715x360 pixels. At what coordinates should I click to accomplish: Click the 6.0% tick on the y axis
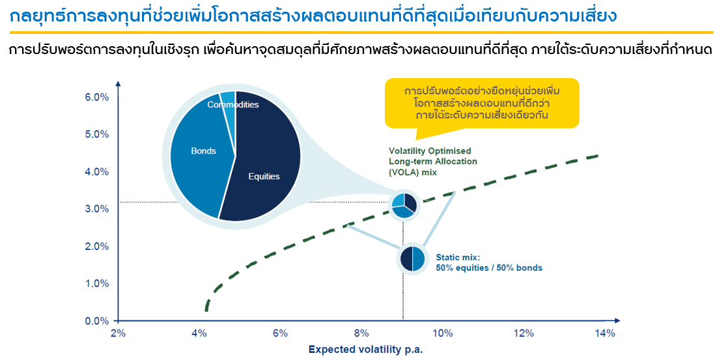(96, 97)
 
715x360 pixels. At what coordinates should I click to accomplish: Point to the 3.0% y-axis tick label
(96, 209)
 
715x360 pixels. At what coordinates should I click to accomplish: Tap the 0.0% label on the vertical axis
(96, 322)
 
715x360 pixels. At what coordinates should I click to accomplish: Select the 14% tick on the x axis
(605, 333)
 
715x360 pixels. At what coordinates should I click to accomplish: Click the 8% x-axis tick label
(361, 333)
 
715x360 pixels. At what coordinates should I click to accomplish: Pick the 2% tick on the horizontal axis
(118, 333)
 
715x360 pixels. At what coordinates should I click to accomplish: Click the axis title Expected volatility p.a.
(366, 350)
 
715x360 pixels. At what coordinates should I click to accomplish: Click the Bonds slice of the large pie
(201, 155)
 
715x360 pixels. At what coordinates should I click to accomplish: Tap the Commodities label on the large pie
(233, 105)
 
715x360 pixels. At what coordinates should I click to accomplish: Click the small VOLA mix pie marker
(404, 206)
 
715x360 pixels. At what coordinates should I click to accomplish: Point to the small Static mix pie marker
(412, 259)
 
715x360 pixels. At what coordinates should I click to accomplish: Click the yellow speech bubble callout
(482, 104)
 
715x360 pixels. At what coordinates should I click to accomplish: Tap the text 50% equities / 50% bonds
(489, 268)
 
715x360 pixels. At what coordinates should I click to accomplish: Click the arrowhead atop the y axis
(118, 83)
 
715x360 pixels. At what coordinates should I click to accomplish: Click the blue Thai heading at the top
(313, 16)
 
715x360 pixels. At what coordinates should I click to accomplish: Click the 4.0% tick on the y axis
(96, 172)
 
